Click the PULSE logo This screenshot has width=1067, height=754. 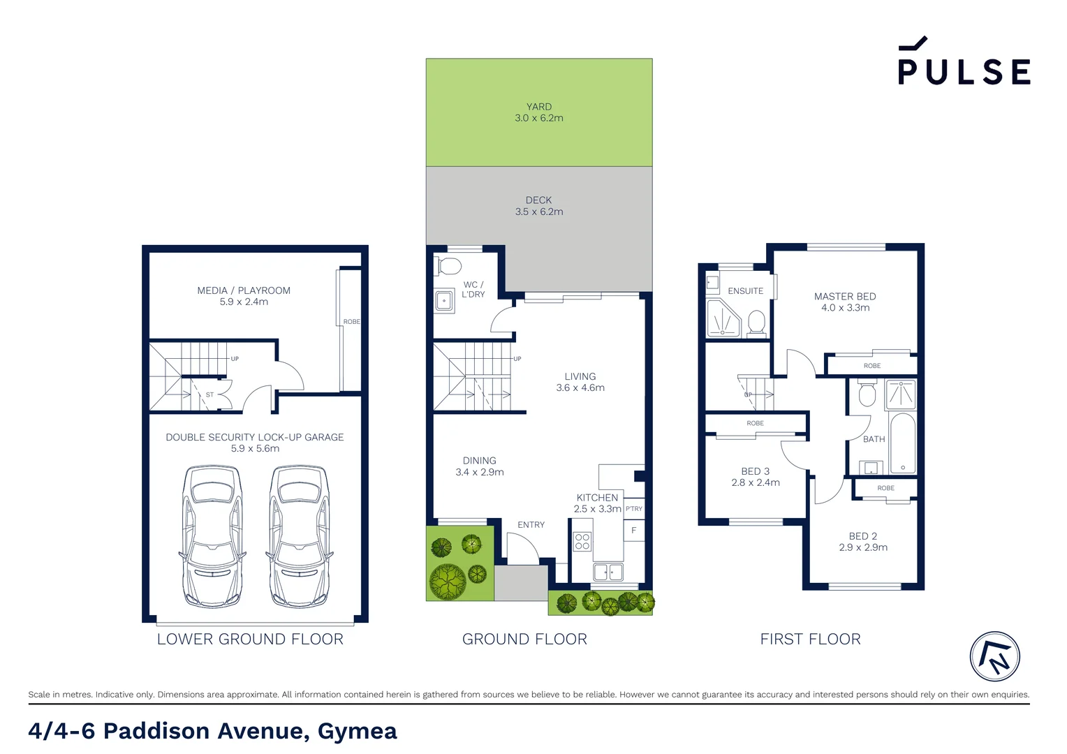(x=964, y=63)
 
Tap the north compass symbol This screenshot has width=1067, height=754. (x=994, y=656)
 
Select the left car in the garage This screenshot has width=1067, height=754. (x=212, y=536)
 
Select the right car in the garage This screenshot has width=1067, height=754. (x=299, y=536)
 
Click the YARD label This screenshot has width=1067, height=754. (x=538, y=107)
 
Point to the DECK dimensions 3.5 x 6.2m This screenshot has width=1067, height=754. (x=538, y=212)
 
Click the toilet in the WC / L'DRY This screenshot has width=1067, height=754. (x=448, y=267)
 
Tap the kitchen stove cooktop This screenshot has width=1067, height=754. (x=582, y=541)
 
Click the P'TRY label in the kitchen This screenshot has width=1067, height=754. (x=633, y=509)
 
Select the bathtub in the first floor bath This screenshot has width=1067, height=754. (x=902, y=443)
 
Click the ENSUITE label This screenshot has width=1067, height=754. (x=745, y=291)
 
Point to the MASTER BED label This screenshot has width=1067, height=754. (x=845, y=297)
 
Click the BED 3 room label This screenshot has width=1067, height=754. (x=755, y=471)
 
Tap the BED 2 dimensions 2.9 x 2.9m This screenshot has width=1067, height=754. (x=863, y=547)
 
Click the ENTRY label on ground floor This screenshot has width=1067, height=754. (x=531, y=525)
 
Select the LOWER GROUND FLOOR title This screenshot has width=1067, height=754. (x=250, y=639)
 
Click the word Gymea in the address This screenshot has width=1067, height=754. (x=357, y=731)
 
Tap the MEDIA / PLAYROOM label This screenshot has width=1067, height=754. (x=244, y=290)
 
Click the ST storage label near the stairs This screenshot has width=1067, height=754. (x=209, y=395)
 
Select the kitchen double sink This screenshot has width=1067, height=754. (x=608, y=572)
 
